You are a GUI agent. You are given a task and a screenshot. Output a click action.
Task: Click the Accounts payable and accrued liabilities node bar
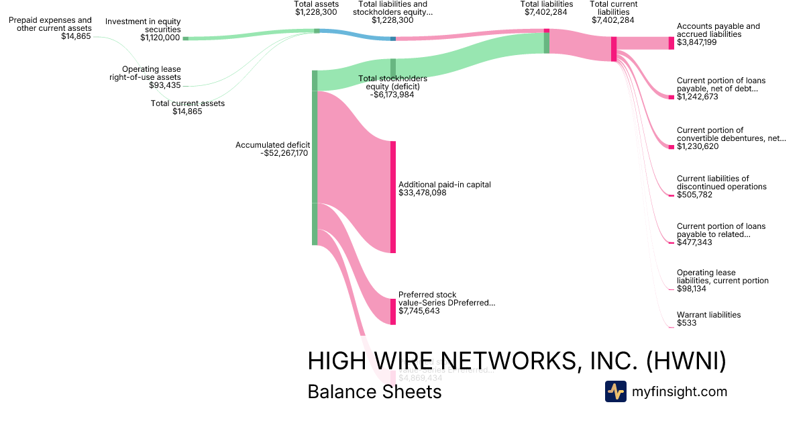point(671,43)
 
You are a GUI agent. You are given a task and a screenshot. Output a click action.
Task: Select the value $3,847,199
point(697,42)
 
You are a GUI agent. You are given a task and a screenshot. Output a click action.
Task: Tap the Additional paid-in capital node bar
point(393,197)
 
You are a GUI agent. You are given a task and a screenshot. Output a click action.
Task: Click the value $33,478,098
point(423,193)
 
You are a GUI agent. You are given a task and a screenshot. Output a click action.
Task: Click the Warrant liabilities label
point(708,314)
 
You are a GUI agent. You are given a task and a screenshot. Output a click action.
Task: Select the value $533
point(687,323)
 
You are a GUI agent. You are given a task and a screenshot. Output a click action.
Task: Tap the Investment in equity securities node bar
point(186,38)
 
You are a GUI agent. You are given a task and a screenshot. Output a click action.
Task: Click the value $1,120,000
point(160,38)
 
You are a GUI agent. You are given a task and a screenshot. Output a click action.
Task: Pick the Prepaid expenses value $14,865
point(76,36)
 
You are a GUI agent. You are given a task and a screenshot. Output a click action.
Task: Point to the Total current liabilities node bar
point(613,49)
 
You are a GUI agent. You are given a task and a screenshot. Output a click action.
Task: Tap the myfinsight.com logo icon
point(615,391)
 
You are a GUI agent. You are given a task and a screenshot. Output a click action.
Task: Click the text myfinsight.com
point(680,391)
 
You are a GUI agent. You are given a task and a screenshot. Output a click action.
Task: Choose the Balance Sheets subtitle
point(374,391)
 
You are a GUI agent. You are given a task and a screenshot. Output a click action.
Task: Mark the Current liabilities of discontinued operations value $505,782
point(694,195)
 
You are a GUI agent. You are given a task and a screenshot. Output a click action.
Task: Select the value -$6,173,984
point(392,95)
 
